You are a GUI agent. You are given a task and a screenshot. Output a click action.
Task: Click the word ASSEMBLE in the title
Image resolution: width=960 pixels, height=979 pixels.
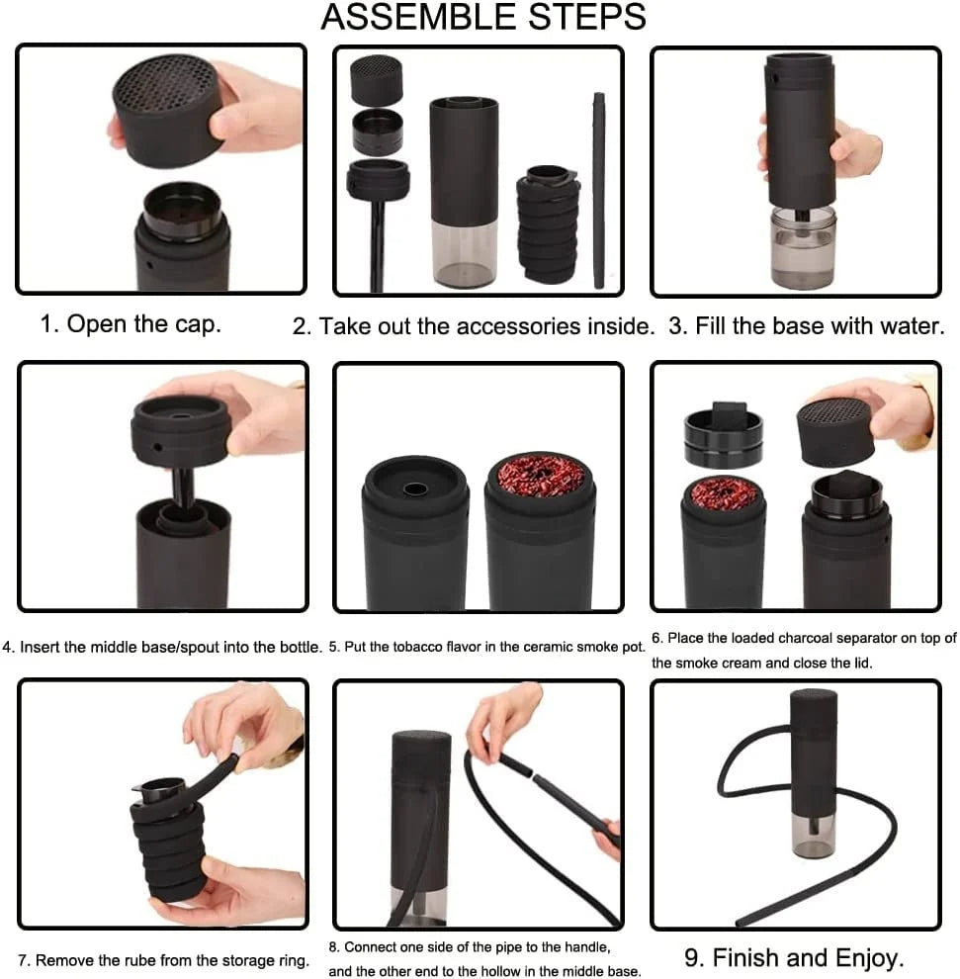pos(404,18)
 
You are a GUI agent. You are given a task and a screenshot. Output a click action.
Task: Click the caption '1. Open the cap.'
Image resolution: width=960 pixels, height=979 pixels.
pos(131,324)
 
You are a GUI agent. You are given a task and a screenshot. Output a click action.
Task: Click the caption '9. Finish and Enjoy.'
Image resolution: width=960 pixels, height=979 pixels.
pos(794,957)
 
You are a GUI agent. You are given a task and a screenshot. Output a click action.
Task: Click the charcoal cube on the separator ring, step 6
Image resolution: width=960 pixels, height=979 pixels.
pos(728,413)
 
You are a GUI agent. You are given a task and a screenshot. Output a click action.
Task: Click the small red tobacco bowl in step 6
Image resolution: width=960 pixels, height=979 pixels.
pos(724,491)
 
